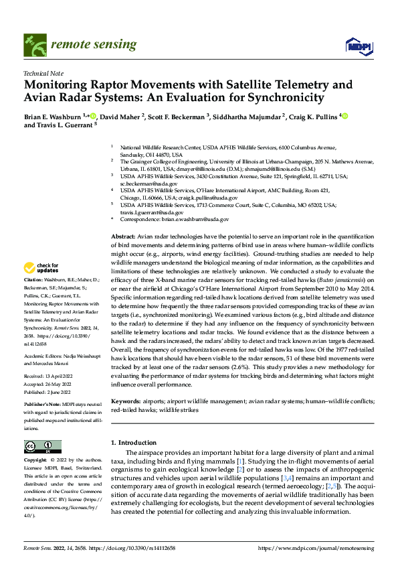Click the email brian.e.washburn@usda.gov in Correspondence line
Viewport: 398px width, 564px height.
198,219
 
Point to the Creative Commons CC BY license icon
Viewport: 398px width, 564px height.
42,447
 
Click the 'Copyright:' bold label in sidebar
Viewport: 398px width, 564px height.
35,460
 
